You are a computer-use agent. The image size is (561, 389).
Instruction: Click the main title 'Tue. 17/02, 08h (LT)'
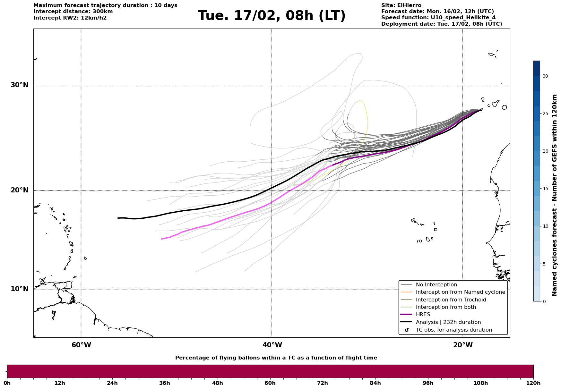272,16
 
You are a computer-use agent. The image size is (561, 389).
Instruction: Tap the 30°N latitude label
19,85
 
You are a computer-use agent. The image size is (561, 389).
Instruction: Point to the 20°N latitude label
19,190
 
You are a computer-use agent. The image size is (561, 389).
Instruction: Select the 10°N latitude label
19,289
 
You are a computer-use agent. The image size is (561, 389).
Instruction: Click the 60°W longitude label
81,345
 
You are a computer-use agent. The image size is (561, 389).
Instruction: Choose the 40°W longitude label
272,345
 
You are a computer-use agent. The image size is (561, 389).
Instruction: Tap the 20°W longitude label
462,345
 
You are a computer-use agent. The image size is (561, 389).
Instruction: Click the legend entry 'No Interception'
436,285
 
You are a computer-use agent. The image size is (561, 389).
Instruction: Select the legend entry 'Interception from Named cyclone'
460,292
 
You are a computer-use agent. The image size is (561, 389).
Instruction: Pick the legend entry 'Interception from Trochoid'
451,300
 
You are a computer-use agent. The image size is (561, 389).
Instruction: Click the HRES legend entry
423,315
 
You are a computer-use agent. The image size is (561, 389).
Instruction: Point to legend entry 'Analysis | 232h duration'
448,322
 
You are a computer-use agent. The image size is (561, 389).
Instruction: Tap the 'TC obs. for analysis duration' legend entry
453,330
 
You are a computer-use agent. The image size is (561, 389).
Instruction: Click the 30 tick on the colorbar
545,76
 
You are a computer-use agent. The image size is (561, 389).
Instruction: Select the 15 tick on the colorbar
545,189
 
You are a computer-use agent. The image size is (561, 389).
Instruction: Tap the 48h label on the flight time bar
217,383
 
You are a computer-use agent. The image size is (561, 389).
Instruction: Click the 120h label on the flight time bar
533,383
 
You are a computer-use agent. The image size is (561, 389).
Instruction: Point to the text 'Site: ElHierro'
401,5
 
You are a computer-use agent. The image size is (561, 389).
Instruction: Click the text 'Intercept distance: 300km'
73,12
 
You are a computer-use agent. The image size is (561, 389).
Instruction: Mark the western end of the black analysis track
118,218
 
